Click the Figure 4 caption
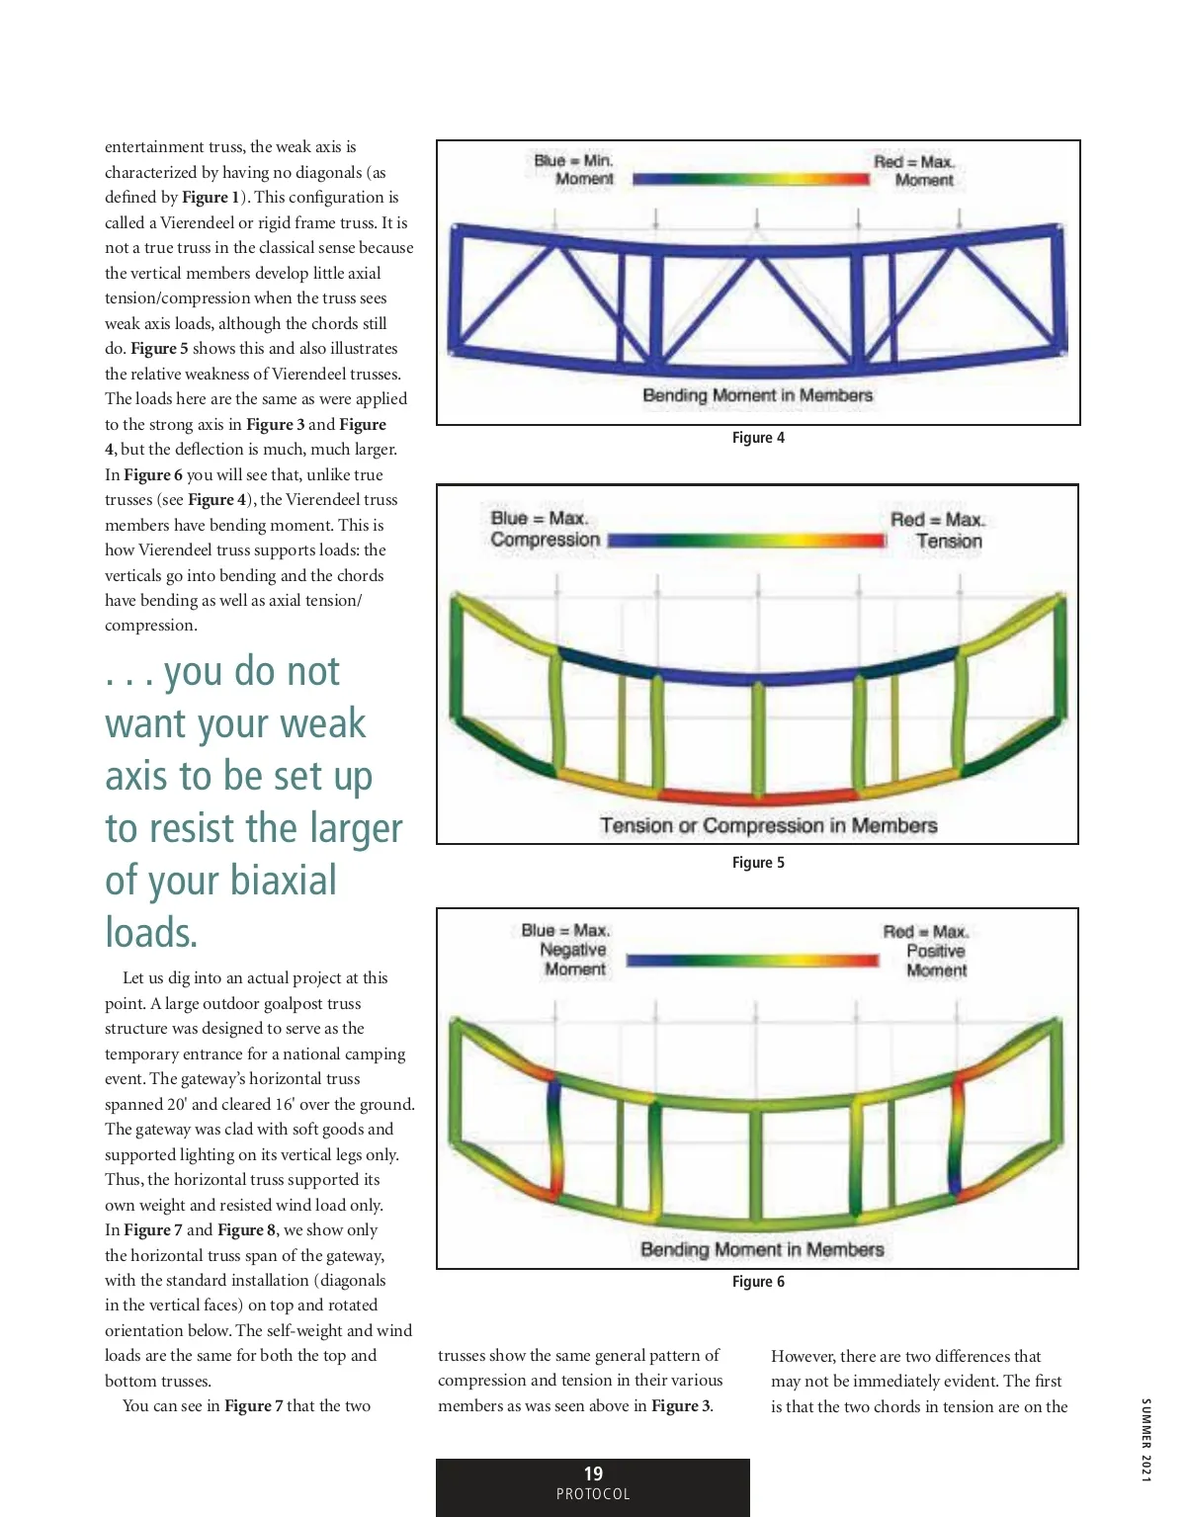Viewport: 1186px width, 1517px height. click(x=758, y=438)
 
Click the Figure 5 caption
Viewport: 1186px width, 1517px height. click(x=758, y=863)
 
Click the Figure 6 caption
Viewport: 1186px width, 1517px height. click(x=758, y=1282)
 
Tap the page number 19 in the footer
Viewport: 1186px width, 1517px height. click(x=593, y=1474)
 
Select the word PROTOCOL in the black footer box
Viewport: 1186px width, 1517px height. click(x=593, y=1494)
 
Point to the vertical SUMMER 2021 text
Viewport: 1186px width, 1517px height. click(x=1146, y=1440)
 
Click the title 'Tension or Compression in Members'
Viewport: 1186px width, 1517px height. click(x=768, y=825)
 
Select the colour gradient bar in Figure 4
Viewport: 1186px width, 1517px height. click(x=751, y=179)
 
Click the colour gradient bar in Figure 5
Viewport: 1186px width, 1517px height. click(x=747, y=541)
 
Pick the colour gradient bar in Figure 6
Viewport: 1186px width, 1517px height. click(x=752, y=960)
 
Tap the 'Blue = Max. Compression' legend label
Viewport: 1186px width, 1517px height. click(x=546, y=529)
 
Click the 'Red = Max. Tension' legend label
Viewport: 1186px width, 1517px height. click(x=938, y=530)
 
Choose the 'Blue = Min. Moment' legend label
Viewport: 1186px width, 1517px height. click(x=575, y=170)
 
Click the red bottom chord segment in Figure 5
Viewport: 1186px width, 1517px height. click(x=758, y=796)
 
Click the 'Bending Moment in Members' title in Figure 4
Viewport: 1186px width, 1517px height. click(x=758, y=395)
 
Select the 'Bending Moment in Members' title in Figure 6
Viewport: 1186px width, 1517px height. click(x=762, y=1249)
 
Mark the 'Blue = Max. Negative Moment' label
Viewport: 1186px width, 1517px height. click(x=567, y=950)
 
